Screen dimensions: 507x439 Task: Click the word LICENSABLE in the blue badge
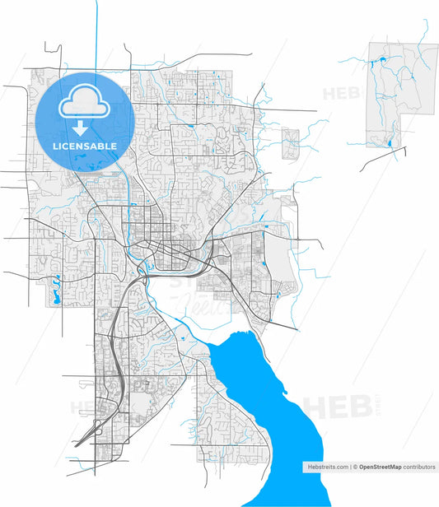pyautogui.click(x=85, y=147)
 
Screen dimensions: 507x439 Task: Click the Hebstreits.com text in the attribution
pyautogui.click(x=329, y=467)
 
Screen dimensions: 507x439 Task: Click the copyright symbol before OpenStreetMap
pyautogui.click(x=355, y=467)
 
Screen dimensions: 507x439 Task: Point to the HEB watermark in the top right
pyautogui.click(x=340, y=93)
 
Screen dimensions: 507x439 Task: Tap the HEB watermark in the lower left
pyautogui.click(x=86, y=407)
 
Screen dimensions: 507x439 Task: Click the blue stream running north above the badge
pyautogui.click(x=97, y=33)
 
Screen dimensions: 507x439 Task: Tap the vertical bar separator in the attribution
pyautogui.click(x=349, y=467)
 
